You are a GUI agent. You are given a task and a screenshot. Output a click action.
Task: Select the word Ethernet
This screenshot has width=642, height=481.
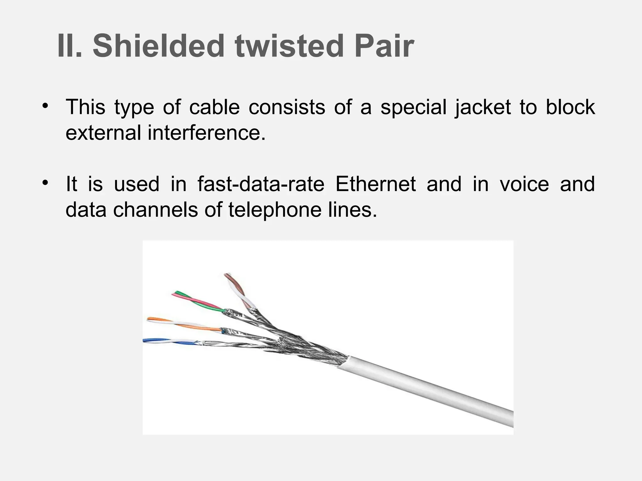click(375, 184)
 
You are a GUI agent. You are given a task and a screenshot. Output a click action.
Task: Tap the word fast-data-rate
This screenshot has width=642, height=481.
click(261, 184)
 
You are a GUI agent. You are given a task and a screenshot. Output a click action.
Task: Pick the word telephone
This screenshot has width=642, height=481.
click(275, 209)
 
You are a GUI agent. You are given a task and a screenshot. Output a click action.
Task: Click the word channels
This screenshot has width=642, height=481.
click(155, 209)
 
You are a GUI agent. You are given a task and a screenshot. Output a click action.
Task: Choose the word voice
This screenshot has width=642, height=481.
click(524, 184)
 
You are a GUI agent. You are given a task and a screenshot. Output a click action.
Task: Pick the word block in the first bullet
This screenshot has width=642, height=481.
click(570, 107)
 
